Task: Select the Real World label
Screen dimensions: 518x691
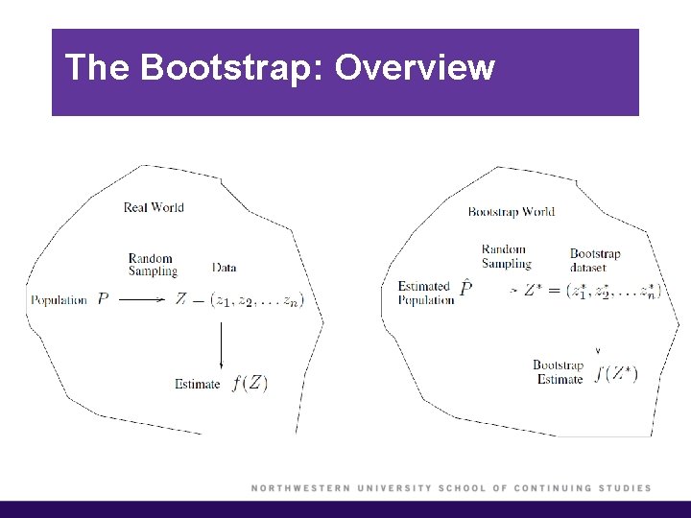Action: pos(154,207)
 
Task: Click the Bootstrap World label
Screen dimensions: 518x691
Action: pos(512,212)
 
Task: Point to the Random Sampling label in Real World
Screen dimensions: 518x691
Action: pos(153,265)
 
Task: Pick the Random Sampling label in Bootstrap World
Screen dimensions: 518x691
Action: pos(506,256)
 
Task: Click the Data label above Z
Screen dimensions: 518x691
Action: pos(225,268)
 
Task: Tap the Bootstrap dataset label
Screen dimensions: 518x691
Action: pos(595,261)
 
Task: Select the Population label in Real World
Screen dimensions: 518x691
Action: pos(59,300)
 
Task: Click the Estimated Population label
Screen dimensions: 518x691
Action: pos(425,293)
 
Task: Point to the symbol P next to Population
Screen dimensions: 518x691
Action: pos(103,299)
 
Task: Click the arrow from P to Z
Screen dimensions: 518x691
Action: pos(141,300)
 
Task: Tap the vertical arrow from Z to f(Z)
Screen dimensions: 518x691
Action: pos(222,345)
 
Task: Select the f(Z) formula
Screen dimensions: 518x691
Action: pos(250,384)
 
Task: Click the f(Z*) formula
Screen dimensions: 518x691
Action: pos(616,373)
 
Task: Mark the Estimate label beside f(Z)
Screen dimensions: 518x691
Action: pos(197,385)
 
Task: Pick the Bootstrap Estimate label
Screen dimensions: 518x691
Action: pos(559,372)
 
